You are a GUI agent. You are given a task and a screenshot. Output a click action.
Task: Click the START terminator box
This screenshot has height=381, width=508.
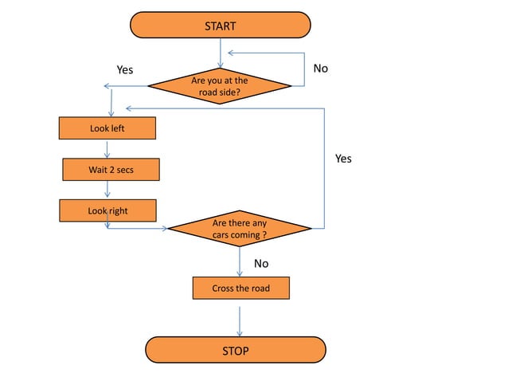coord(220,25)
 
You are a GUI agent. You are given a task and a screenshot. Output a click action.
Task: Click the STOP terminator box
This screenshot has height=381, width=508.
coord(235,351)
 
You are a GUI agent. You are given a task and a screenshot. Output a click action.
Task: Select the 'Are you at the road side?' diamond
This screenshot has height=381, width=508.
coord(220,86)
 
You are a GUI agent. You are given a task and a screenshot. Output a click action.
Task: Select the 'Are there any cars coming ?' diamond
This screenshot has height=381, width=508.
coord(239,230)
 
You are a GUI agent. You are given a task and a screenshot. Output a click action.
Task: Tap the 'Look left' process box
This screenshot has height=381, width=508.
coord(107,128)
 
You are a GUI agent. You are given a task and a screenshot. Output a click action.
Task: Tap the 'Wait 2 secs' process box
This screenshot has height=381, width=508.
coord(111,170)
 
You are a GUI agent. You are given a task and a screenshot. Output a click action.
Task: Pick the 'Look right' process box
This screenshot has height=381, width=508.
coord(107,211)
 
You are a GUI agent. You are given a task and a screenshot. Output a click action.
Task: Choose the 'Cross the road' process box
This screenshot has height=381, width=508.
coord(240,288)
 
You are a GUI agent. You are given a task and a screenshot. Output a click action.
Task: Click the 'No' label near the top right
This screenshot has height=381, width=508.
coord(320,69)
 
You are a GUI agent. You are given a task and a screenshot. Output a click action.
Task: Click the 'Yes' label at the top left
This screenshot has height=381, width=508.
coord(125,70)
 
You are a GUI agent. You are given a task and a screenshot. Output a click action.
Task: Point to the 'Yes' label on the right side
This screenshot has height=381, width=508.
coord(343,159)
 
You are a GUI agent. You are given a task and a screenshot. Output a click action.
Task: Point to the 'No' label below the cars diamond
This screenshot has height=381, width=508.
coord(261,263)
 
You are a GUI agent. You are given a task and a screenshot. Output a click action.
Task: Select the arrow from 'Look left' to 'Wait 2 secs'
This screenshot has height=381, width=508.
coord(107,148)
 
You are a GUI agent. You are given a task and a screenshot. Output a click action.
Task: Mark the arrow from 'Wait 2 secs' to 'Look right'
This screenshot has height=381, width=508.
coord(107,190)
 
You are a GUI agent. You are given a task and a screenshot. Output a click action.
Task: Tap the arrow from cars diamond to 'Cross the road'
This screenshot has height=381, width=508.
coord(240,261)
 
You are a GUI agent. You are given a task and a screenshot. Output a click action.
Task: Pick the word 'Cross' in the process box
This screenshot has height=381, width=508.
coord(224,288)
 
